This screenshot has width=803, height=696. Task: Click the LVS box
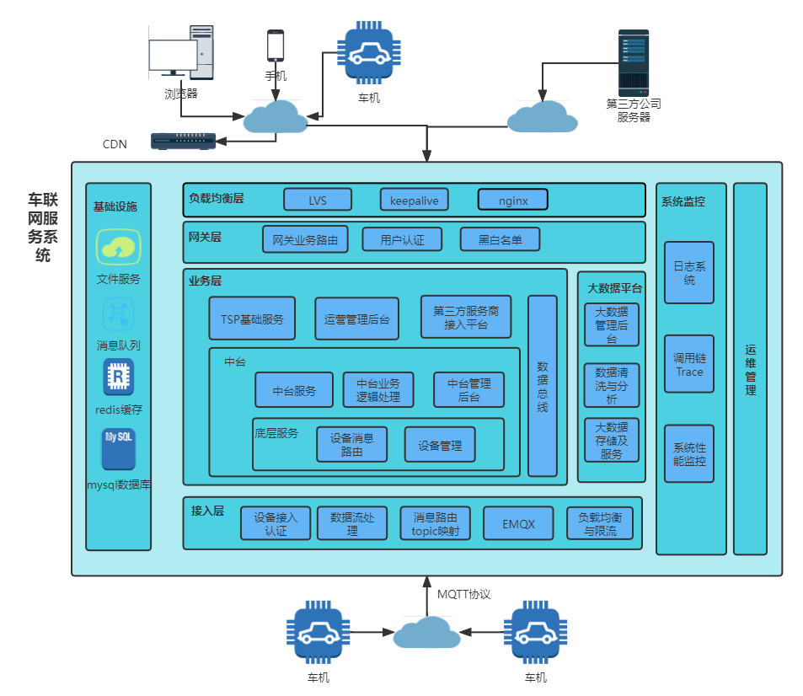click(x=317, y=200)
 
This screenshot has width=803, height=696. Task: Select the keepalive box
click(x=414, y=200)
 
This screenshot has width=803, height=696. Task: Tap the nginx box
click(x=512, y=200)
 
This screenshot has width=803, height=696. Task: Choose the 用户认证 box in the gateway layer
click(x=402, y=239)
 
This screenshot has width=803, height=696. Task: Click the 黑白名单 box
click(x=500, y=239)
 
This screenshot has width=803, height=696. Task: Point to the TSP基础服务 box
click(x=252, y=319)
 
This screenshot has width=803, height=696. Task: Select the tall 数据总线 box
click(x=543, y=385)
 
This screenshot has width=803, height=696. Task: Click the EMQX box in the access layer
click(x=517, y=523)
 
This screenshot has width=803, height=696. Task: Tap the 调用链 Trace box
click(x=689, y=364)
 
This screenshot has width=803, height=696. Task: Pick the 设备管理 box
click(x=439, y=445)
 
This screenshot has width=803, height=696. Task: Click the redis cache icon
click(x=119, y=377)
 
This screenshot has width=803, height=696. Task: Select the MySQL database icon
click(x=119, y=449)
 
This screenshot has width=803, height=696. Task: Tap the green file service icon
click(x=119, y=247)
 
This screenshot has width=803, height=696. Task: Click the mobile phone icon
click(x=276, y=46)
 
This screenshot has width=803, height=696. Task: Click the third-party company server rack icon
click(x=634, y=63)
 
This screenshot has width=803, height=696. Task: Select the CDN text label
click(x=115, y=144)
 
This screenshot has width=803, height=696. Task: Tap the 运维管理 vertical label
click(x=750, y=369)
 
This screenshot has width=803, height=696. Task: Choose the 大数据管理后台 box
click(x=611, y=324)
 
